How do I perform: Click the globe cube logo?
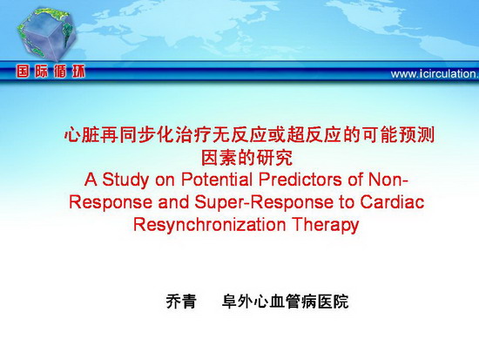[47, 33]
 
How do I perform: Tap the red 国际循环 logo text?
[51, 71]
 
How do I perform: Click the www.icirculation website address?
[435, 74]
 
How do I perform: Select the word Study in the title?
[125, 180]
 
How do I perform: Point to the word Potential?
[217, 180]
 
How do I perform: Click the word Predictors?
[300, 180]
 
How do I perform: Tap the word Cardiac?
[392, 202]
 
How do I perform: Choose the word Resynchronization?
[209, 225]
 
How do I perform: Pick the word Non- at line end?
[388, 180]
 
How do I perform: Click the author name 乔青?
[181, 302]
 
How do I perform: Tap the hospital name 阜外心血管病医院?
[285, 302]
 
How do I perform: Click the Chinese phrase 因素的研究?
[246, 158]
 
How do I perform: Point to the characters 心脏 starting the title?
[82, 135]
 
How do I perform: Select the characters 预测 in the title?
[416, 135]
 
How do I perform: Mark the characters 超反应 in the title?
[314, 135]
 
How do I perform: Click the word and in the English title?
[173, 202]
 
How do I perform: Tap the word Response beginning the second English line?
[111, 202]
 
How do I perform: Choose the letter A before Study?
[91, 180]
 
